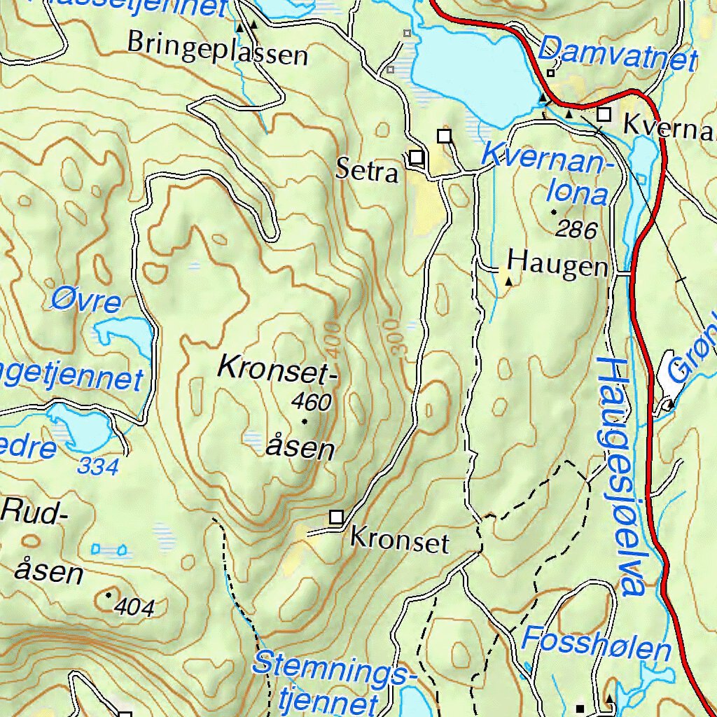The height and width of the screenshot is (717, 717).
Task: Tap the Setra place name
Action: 367,170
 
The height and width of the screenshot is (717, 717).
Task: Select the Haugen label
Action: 557,264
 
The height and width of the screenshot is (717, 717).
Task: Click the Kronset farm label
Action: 399,540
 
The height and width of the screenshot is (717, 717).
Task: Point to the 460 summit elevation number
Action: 312,402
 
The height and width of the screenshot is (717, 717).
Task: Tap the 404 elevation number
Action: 136,606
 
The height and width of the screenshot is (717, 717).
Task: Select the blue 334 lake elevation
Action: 99,466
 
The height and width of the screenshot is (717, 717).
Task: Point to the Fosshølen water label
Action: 596,643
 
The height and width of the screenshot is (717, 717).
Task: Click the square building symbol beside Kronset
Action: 337,517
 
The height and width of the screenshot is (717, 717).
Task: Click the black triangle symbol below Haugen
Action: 509,282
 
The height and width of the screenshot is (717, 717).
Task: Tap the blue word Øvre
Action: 86,301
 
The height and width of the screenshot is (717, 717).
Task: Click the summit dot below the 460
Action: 305,422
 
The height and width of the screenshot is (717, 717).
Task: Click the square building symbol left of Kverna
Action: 604,114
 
